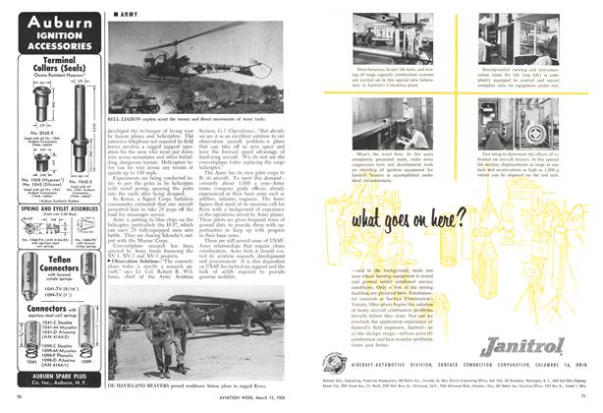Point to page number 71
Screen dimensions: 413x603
click(588, 406)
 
